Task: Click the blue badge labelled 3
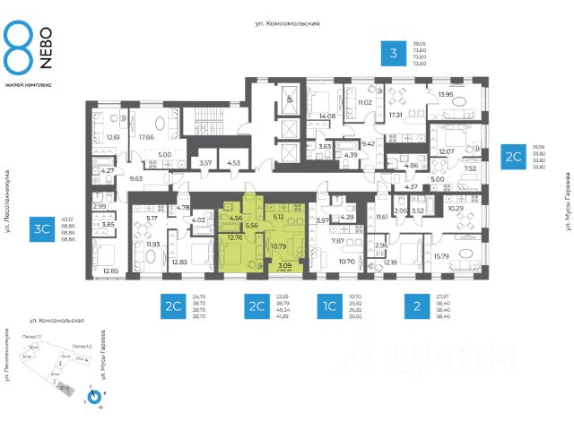coord(393,55)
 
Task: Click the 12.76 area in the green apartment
coord(236,237)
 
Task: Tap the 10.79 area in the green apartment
coord(280,245)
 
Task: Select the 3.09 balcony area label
coord(284,265)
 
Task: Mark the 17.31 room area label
coord(396,116)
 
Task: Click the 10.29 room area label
coord(455,209)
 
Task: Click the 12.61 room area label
coord(113,137)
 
